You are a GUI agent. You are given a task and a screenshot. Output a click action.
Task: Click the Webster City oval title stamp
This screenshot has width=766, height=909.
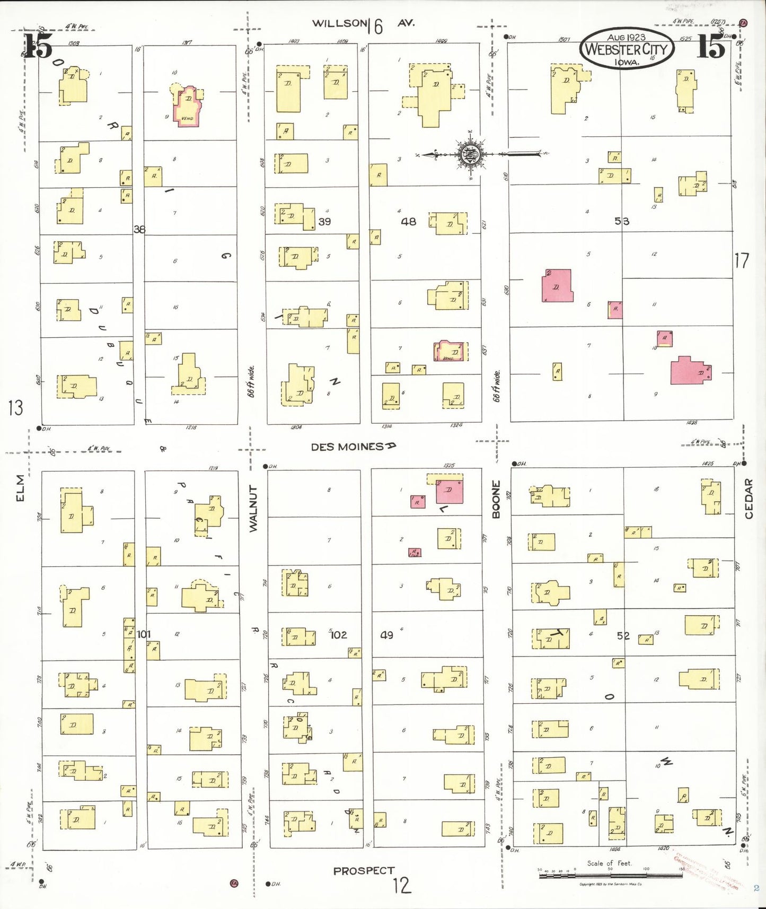pyautogui.click(x=627, y=49)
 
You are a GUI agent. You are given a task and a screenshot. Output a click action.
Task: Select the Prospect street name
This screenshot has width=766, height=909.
pyautogui.click(x=364, y=870)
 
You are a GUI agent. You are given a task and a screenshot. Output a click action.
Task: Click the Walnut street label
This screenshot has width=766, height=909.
pyautogui.click(x=253, y=508)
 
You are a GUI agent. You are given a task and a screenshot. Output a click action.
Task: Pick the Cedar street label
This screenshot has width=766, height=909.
pyautogui.click(x=749, y=498)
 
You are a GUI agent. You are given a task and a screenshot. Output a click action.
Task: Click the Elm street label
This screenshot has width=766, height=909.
pyautogui.click(x=20, y=487)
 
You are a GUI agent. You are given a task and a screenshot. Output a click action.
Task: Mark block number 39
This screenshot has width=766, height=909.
pyautogui.click(x=324, y=221)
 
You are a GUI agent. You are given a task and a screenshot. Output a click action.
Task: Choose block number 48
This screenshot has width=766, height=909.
pyautogui.click(x=408, y=221)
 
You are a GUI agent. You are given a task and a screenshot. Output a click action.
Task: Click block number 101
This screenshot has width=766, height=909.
pyautogui.click(x=144, y=634)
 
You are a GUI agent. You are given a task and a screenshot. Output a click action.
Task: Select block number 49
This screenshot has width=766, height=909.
pyautogui.click(x=387, y=634)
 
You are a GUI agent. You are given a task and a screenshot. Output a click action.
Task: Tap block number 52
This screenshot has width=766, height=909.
pyautogui.click(x=623, y=635)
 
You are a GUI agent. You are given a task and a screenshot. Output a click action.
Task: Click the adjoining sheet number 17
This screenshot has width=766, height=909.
pyautogui.click(x=741, y=260)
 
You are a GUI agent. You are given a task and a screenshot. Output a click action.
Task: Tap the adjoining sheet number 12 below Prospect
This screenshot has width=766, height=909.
pyautogui.click(x=402, y=885)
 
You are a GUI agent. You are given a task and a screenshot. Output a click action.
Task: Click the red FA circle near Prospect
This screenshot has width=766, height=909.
pyautogui.click(x=233, y=883)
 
